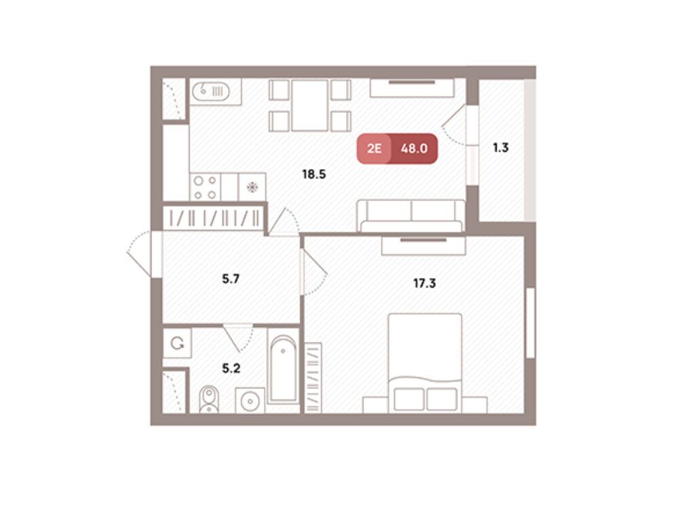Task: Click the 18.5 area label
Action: pos(314,174)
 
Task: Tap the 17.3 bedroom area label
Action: pos(425,283)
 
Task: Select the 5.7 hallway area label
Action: pos(231,279)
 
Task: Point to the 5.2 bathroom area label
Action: pos(231,368)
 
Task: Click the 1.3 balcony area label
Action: pos(501,147)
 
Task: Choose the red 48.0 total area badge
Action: pos(414,148)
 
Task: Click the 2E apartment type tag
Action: pos(374,148)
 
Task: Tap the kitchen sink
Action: pos(211,92)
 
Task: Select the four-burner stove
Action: pos(205,188)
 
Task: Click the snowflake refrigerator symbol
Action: pos(252,188)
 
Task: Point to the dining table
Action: pos(309,105)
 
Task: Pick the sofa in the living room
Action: pos(411,215)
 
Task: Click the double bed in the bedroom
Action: pos(425,363)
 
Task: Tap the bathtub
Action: pos(283,369)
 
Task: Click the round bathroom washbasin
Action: pos(250,401)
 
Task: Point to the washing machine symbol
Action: pos(177,343)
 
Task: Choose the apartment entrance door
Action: pos(144,255)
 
